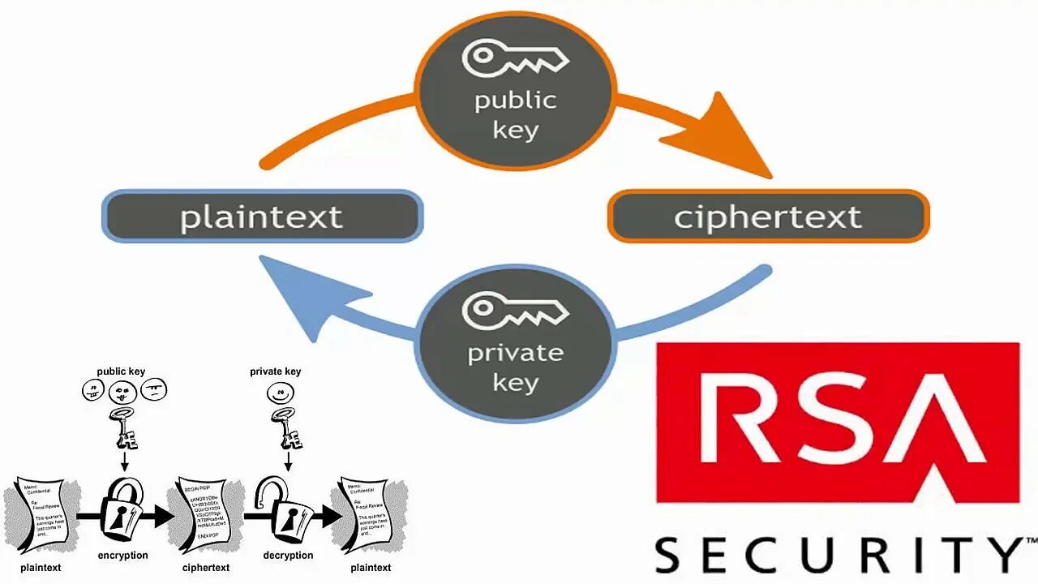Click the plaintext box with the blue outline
pyautogui.click(x=261, y=217)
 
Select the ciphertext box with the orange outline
pyautogui.click(x=768, y=217)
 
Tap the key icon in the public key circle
pyautogui.click(x=514, y=58)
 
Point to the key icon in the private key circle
pyautogui.click(x=514, y=310)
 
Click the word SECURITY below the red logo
pyautogui.click(x=839, y=555)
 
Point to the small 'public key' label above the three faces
pyautogui.click(x=121, y=371)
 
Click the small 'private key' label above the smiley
pyautogui.click(x=275, y=371)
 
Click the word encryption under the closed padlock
pyautogui.click(x=122, y=556)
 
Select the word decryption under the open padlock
pyautogui.click(x=288, y=556)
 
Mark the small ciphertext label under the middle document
pyautogui.click(x=205, y=568)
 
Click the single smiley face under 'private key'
pyautogui.click(x=281, y=394)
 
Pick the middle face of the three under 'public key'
pyautogui.click(x=122, y=393)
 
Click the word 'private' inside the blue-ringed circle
pyautogui.click(x=515, y=354)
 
